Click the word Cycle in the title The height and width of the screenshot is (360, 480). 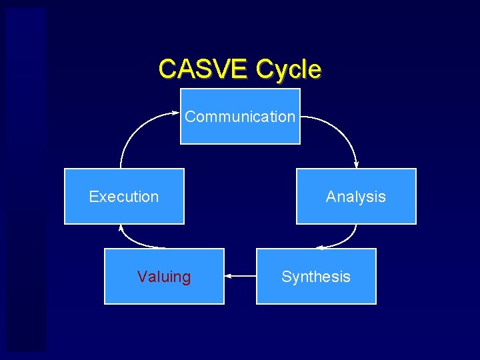point(288,69)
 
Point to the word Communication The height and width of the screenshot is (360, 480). point(240,117)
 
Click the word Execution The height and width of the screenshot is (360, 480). point(124,197)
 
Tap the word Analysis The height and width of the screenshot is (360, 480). point(356,197)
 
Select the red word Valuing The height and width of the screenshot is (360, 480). point(164,277)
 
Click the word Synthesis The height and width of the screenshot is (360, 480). point(316,277)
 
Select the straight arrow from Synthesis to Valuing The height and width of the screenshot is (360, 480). point(241,275)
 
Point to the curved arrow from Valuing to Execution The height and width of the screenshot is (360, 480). point(133,241)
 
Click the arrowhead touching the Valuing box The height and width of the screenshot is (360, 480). point(228,275)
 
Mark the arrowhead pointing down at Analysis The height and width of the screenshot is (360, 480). point(356,165)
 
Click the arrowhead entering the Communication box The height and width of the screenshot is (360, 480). point(177,115)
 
